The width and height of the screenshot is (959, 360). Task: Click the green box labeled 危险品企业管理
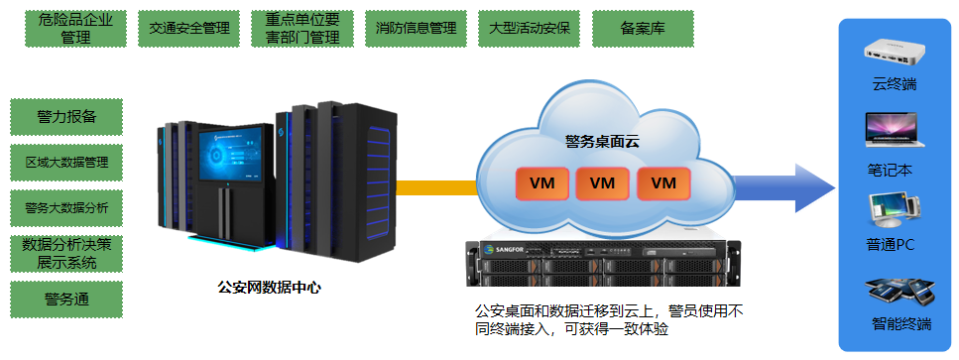click(x=75, y=28)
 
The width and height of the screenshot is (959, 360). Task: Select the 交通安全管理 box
click(x=188, y=28)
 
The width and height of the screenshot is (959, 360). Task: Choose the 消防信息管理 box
click(x=416, y=28)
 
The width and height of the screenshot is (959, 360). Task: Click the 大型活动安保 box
click(x=529, y=28)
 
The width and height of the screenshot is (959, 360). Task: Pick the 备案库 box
click(x=642, y=28)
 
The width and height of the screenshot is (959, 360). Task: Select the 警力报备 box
click(x=66, y=116)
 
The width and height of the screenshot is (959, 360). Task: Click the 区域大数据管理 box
click(x=66, y=162)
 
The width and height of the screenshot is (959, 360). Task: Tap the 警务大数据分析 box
click(x=66, y=208)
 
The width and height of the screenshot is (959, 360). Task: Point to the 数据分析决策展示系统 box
click(x=66, y=254)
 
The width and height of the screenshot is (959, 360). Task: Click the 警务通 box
click(x=66, y=300)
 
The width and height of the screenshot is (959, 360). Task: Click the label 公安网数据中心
click(x=270, y=288)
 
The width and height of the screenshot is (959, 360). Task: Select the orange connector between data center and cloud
click(x=436, y=186)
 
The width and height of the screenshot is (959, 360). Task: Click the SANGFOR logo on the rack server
click(x=500, y=249)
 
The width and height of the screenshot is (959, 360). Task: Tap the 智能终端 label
click(x=901, y=323)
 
